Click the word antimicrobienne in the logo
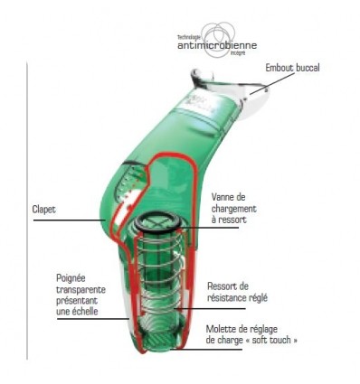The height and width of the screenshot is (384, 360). pyautogui.click(x=218, y=44)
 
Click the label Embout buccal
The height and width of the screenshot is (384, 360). pyautogui.click(x=292, y=68)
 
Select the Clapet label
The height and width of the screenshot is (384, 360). pyautogui.click(x=43, y=209)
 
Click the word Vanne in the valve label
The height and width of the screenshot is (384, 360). pyautogui.click(x=223, y=195)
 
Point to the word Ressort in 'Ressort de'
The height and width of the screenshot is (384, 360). pyautogui.click(x=222, y=286)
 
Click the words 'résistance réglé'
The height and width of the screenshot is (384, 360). pyautogui.click(x=238, y=297)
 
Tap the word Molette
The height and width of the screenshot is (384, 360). pyautogui.click(x=222, y=328)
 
